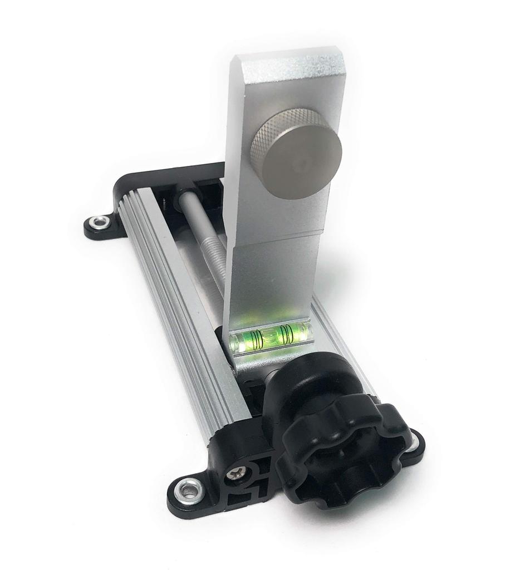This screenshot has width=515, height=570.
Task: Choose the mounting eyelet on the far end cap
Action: click(100, 222)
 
